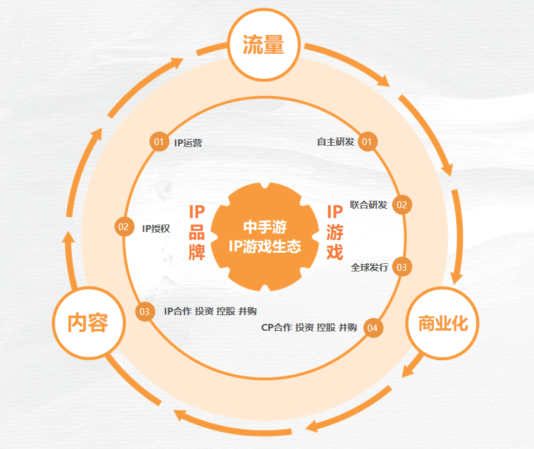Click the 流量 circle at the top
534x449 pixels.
pos(264,44)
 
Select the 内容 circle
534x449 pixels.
pos(89,323)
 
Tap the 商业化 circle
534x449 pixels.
pos(442,323)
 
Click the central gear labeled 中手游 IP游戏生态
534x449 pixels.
pos(265,237)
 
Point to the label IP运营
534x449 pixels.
pos(188,143)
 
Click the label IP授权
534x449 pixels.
pos(156,228)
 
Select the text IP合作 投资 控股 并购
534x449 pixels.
pos(210,311)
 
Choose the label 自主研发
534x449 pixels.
pos(336,142)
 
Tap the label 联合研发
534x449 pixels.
pos(368,204)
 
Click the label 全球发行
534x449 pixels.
pos(370,268)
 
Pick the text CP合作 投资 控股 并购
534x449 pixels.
pos(309,328)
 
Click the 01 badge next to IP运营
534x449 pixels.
pos(159,142)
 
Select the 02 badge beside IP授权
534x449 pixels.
pos(124,227)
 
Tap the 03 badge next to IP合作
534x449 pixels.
pos(144,311)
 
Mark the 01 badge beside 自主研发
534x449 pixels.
pos(367,142)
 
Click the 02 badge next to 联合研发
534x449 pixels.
pos(402,205)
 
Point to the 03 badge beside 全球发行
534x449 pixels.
pos(402,268)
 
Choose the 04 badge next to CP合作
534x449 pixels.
pos(373,328)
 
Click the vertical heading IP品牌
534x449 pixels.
pos(197,233)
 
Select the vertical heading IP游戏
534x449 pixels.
pos(335,233)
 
